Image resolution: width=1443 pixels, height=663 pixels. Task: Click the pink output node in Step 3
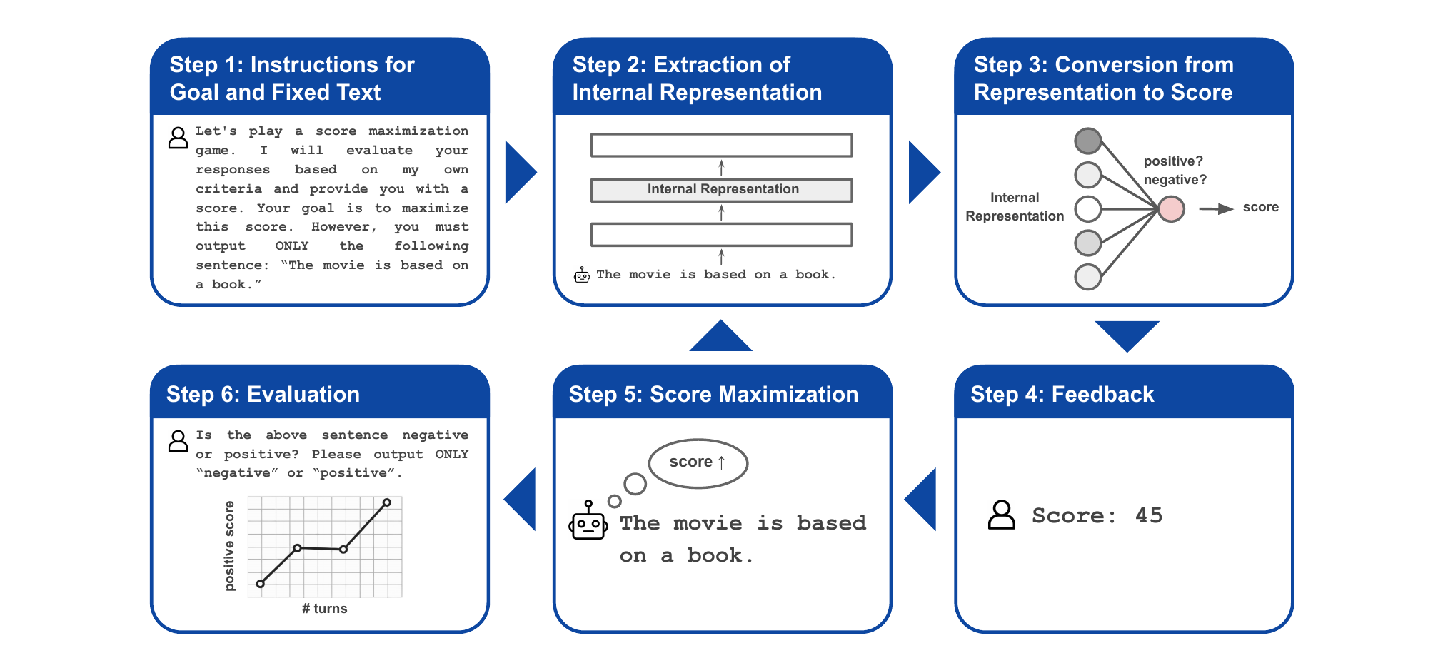(x=1171, y=209)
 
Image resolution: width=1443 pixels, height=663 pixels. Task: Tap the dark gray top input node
(x=1088, y=141)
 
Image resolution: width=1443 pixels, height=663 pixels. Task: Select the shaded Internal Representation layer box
(x=721, y=190)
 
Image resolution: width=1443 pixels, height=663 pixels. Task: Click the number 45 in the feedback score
(x=1149, y=515)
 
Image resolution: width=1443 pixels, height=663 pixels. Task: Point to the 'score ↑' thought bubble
(x=698, y=463)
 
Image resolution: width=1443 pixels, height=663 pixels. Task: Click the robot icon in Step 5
(x=588, y=520)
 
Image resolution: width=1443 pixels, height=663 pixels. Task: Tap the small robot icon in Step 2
(x=582, y=275)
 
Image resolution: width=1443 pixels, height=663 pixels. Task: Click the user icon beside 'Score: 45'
(x=1001, y=515)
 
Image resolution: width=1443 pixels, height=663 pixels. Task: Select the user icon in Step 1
(x=178, y=138)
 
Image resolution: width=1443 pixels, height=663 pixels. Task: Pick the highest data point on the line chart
(x=387, y=502)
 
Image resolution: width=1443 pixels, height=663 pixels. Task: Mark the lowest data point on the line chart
(x=261, y=584)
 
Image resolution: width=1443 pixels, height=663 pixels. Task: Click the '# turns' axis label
(x=324, y=609)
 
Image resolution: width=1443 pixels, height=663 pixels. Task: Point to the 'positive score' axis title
(x=229, y=546)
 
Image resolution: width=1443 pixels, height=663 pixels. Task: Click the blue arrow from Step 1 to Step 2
(x=521, y=172)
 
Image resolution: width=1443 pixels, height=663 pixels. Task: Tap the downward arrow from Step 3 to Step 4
(x=1127, y=336)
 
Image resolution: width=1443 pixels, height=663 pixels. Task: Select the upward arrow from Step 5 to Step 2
(x=721, y=335)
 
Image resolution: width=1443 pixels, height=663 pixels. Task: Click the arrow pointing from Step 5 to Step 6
(x=520, y=499)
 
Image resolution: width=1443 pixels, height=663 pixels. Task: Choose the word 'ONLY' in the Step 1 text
(x=292, y=246)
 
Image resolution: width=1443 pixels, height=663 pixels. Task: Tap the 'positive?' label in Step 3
(x=1173, y=161)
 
